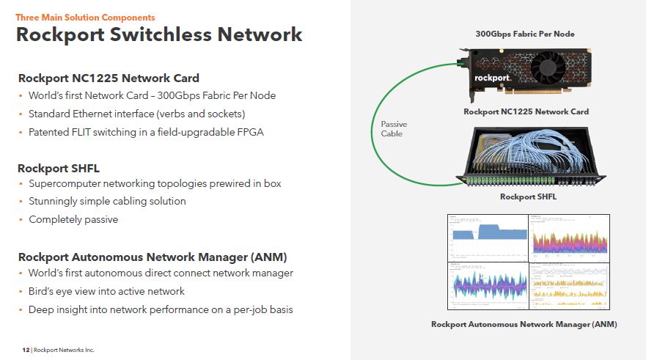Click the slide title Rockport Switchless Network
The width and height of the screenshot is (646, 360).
(x=159, y=34)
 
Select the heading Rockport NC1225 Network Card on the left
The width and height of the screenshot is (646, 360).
(x=109, y=78)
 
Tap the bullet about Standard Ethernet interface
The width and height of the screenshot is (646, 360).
(x=136, y=114)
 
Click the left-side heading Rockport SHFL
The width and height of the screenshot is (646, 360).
(x=59, y=168)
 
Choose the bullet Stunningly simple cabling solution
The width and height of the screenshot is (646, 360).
(x=107, y=201)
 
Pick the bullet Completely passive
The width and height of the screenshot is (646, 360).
(x=73, y=219)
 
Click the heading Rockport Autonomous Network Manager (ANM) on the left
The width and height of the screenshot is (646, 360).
(x=153, y=257)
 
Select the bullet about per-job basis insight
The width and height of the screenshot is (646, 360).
(x=161, y=309)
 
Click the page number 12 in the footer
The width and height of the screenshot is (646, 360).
(x=26, y=350)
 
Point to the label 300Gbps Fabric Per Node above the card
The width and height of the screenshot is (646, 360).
(x=525, y=34)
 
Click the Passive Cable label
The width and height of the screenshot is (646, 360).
(x=393, y=129)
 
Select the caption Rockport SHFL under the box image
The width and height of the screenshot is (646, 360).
(x=528, y=196)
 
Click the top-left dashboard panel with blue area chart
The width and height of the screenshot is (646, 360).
(x=488, y=238)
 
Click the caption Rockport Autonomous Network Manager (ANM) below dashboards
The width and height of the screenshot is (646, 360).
(x=524, y=324)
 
